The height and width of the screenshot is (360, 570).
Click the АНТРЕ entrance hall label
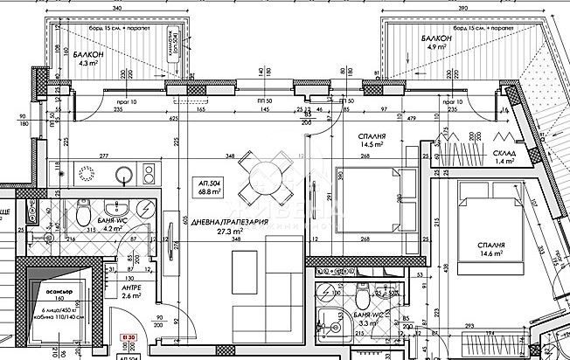tap(131, 291)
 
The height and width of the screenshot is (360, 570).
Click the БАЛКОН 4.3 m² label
tap(90, 59)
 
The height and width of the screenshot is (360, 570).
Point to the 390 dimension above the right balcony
tap(464, 7)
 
